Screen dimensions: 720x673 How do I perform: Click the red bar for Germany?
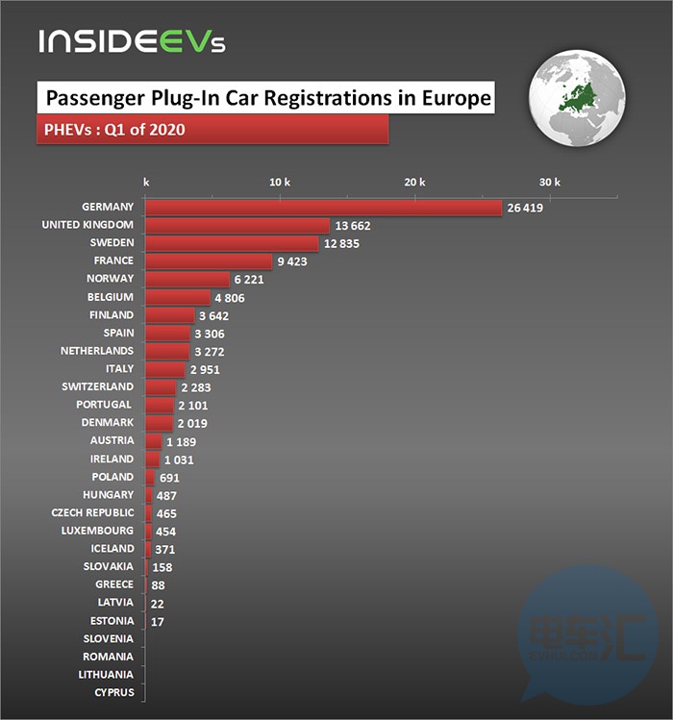point(323,208)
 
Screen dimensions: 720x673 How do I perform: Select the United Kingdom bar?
point(237,225)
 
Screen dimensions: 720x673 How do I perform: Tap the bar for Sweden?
point(232,243)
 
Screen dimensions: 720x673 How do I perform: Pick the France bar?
point(209,261)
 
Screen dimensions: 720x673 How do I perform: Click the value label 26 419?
point(524,208)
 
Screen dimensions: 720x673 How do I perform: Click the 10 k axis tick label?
point(280,183)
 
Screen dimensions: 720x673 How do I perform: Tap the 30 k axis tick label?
point(549,183)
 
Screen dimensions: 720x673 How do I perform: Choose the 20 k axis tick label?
point(414,183)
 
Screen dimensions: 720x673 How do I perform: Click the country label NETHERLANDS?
point(96,351)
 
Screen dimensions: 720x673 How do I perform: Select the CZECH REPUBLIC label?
point(92,512)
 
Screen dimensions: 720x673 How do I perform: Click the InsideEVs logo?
point(132,41)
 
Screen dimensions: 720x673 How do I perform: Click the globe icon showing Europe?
point(576,96)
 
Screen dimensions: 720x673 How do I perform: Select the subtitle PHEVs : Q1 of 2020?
point(115,130)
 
